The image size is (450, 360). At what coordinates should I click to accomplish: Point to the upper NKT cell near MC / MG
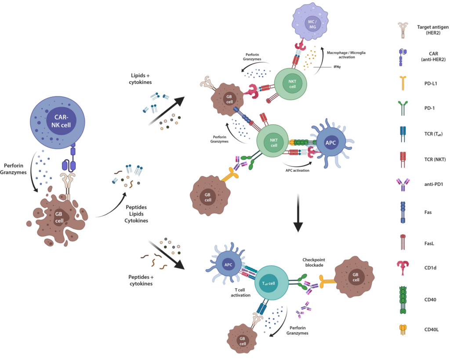click(292, 84)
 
